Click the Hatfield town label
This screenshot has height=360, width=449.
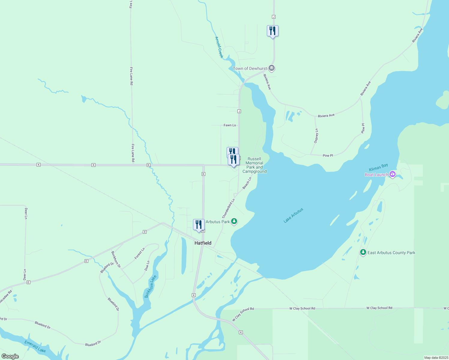click(x=203, y=243)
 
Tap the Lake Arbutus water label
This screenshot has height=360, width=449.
click(x=294, y=215)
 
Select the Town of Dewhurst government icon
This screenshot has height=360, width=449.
click(x=272, y=68)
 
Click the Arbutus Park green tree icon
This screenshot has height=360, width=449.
click(x=234, y=222)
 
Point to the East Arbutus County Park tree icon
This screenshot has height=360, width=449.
click(x=363, y=252)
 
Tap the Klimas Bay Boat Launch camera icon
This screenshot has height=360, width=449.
click(x=392, y=174)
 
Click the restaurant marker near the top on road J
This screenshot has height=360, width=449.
click(x=273, y=31)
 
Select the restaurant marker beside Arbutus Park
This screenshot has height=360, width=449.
click(x=198, y=225)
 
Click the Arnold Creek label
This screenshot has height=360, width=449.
click(x=219, y=47)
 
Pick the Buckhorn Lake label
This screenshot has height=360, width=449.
click(x=151, y=286)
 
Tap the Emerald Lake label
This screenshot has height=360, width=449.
click(x=35, y=346)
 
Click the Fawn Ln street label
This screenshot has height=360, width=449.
click(x=230, y=125)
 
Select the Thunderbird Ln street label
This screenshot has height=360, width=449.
click(x=228, y=208)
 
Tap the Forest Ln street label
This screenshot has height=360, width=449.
click(x=140, y=253)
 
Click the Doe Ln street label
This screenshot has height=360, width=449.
click(x=147, y=266)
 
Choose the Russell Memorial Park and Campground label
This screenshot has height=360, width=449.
click(x=255, y=165)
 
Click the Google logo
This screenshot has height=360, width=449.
click(x=10, y=356)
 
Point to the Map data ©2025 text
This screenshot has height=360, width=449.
click(x=436, y=358)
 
